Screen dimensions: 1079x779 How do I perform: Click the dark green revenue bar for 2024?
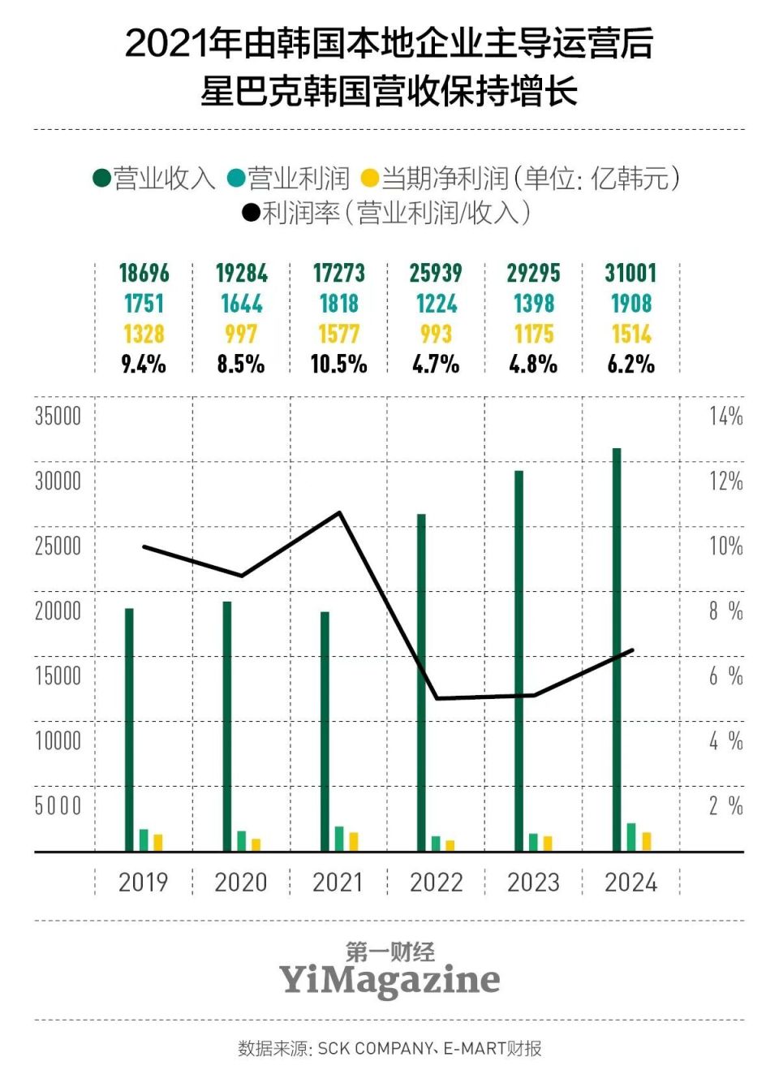point(617,650)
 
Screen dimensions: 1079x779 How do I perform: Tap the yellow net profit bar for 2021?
point(354,841)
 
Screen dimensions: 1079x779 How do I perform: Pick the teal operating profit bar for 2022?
point(436,843)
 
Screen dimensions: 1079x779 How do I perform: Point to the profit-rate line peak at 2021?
point(339,512)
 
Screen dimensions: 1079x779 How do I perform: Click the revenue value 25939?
point(436,273)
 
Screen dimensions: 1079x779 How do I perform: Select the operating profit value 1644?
point(241,304)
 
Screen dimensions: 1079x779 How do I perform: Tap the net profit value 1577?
point(338,334)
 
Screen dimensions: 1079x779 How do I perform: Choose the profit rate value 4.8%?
point(533,364)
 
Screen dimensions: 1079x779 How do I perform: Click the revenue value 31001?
point(631,273)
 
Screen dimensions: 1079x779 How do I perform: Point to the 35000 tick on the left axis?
point(58,416)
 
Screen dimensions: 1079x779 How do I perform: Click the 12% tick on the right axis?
point(725,481)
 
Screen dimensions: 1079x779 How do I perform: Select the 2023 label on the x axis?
point(533,882)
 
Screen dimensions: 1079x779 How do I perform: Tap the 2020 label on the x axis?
point(241,882)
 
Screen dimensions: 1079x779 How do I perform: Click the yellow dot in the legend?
point(369,178)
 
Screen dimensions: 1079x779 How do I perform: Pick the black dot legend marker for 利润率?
point(251,213)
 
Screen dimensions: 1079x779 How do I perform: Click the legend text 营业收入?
point(164,178)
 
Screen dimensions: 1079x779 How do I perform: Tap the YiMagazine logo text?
point(389,979)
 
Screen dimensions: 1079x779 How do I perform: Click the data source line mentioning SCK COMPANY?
point(389,1048)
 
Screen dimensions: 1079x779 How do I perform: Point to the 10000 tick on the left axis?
point(58,740)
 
